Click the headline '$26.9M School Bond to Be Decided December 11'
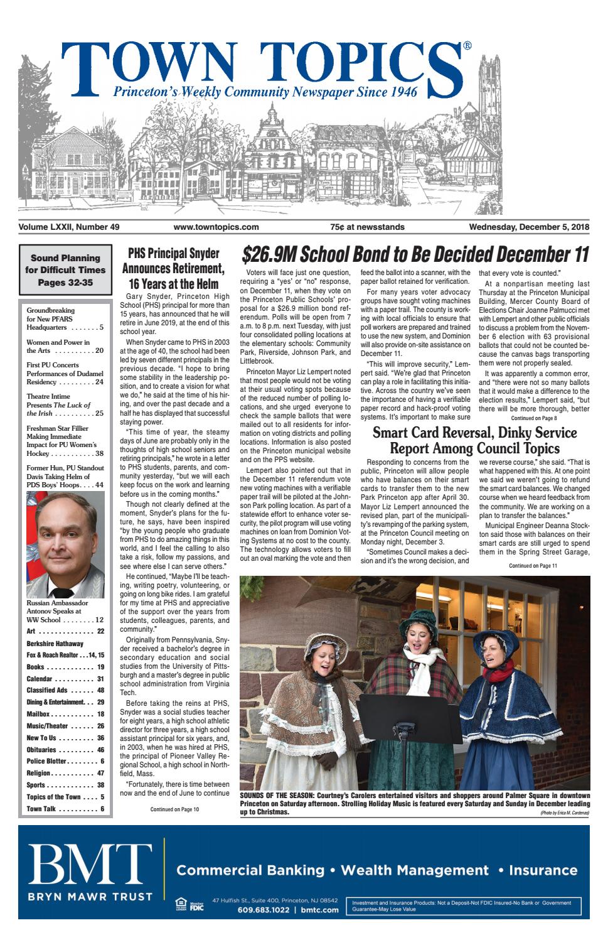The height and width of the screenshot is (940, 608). point(415,254)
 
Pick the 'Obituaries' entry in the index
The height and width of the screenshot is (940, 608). point(65,750)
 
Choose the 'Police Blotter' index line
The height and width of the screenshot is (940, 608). point(65,762)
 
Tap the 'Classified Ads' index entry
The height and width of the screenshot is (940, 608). point(65,690)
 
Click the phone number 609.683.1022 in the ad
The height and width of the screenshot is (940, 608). point(262,910)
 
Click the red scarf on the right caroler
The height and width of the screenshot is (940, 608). point(500,672)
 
